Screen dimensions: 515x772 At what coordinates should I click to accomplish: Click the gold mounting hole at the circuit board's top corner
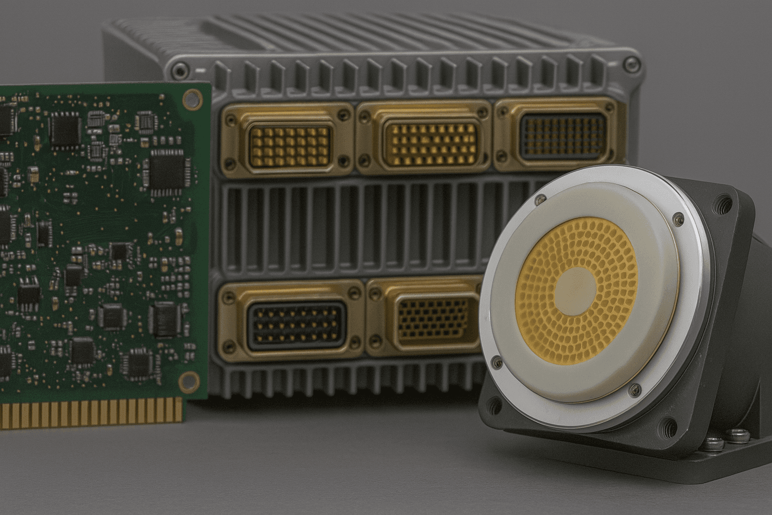[x=191, y=98]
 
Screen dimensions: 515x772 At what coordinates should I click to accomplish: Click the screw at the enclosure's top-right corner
[x=629, y=63]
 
